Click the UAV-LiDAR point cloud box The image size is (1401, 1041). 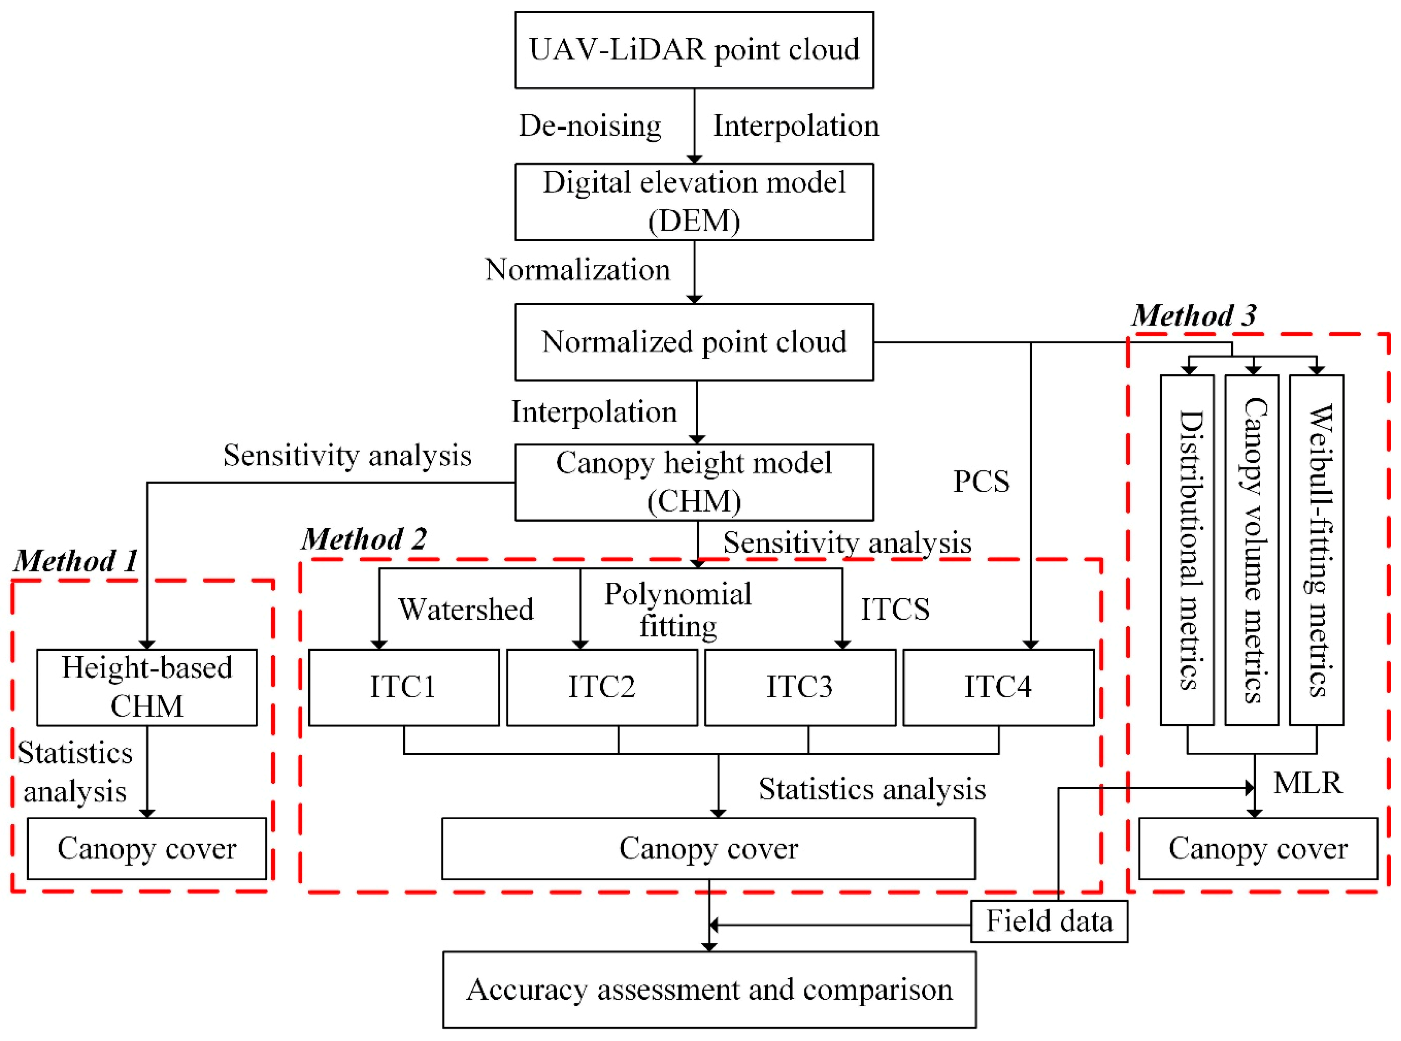pyautogui.click(x=694, y=50)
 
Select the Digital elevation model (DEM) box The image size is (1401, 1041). pyautogui.click(x=694, y=202)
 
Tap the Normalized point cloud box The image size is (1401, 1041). pyautogui.click(x=694, y=342)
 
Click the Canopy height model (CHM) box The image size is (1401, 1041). pyautogui.click(x=694, y=482)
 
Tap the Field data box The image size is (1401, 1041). pyautogui.click(x=1049, y=921)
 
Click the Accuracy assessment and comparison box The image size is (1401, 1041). pyautogui.click(x=709, y=989)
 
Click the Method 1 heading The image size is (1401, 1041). pyautogui.click(x=76, y=560)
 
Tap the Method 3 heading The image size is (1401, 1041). pyautogui.click(x=1194, y=315)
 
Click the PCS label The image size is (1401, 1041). pyautogui.click(x=981, y=481)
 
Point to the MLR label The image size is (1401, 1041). pyautogui.click(x=1308, y=783)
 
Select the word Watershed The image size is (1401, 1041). pyautogui.click(x=466, y=609)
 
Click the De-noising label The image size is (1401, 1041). pyautogui.click(x=590, y=126)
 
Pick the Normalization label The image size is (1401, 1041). pyautogui.click(x=577, y=270)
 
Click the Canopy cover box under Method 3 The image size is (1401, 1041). pyautogui.click(x=1258, y=848)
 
